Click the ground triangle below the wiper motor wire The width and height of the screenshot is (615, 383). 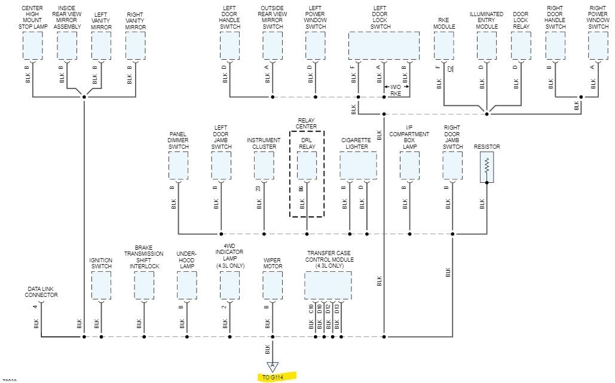(x=273, y=367)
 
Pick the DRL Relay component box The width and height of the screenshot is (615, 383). (x=307, y=166)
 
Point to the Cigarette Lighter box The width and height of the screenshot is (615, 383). (x=358, y=166)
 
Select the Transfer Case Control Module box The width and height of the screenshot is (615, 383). (x=328, y=286)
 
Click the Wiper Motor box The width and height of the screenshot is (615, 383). (x=273, y=286)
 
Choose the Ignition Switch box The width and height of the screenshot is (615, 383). (x=101, y=286)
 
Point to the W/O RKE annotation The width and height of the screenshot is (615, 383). (x=396, y=90)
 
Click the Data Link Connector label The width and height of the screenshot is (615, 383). (x=41, y=292)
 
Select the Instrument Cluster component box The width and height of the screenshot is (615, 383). (x=264, y=166)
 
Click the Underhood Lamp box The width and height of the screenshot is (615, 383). (x=186, y=286)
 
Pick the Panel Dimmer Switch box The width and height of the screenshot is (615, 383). (x=178, y=166)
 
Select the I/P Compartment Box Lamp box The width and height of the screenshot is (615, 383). (x=409, y=166)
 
